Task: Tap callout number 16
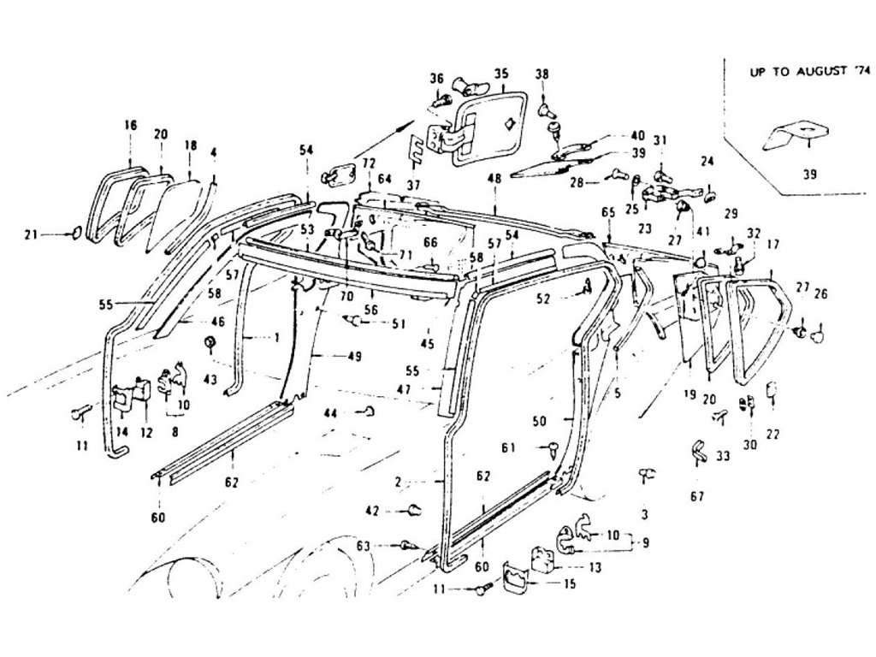pyautogui.click(x=130, y=125)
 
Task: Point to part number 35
pyautogui.click(x=500, y=73)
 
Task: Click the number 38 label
pyautogui.click(x=542, y=74)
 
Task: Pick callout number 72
pyautogui.click(x=368, y=163)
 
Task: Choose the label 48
pyautogui.click(x=494, y=179)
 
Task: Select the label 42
pyautogui.click(x=372, y=511)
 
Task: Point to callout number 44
pyautogui.click(x=328, y=413)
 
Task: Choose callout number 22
pyautogui.click(x=773, y=435)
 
